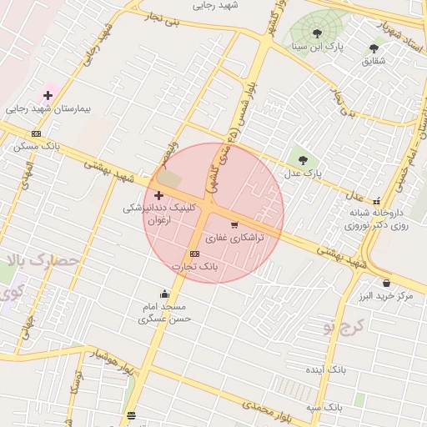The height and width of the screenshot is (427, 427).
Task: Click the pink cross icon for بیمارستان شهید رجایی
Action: tap(48, 96)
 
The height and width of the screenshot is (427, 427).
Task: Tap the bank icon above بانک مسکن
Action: tap(36, 133)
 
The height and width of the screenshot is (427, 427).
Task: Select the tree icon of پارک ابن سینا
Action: tap(317, 33)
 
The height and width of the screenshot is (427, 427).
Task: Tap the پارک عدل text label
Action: tap(301, 173)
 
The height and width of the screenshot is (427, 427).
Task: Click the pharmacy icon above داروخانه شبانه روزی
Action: tap(378, 200)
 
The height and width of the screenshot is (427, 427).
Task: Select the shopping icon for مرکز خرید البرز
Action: tap(385, 283)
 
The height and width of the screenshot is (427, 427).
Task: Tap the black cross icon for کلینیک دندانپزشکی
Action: tap(158, 194)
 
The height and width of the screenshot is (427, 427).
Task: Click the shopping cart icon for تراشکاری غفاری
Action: tap(234, 224)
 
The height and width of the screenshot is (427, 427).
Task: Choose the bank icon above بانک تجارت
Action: tap(195, 254)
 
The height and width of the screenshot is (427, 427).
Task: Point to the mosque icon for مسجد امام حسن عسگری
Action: tap(164, 293)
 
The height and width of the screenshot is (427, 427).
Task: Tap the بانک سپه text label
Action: tap(324, 407)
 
